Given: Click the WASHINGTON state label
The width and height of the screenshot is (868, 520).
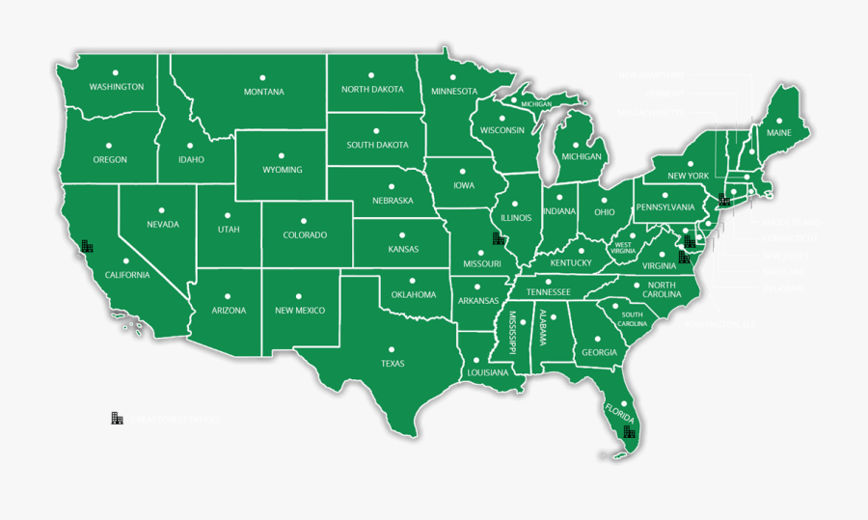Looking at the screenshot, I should click(x=117, y=87).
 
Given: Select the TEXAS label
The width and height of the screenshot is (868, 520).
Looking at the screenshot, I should click(x=393, y=364).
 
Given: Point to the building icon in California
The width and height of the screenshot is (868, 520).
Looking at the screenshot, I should click(x=88, y=246).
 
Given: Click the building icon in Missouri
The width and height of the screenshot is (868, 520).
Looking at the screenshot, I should click(x=499, y=238).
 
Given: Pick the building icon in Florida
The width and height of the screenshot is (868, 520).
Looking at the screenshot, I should click(x=629, y=433).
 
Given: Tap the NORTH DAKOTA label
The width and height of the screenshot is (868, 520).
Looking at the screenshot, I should click(x=372, y=90).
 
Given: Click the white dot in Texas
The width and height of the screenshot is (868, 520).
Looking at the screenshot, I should click(x=392, y=349).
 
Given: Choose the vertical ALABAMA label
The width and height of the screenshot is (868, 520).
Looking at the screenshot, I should click(x=542, y=330).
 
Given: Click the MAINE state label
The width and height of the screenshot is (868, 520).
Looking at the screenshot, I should click(x=778, y=132).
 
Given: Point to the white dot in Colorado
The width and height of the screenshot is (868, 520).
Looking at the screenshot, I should click(x=304, y=220).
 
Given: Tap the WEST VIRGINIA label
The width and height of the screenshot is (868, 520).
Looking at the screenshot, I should click(x=624, y=248).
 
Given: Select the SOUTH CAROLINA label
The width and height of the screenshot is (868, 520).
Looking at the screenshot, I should click(x=632, y=318).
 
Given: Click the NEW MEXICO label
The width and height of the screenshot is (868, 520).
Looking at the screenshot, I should click(x=300, y=311).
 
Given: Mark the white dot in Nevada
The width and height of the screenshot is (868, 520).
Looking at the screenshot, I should click(x=163, y=209).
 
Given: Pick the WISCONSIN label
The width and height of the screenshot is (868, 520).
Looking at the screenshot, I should click(x=502, y=130).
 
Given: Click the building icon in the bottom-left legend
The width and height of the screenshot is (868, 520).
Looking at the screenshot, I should click(x=117, y=418).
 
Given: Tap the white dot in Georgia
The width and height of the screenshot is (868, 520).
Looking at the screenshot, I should click(x=599, y=339).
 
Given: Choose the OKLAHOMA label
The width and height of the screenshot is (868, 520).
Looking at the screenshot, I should click(x=414, y=294).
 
